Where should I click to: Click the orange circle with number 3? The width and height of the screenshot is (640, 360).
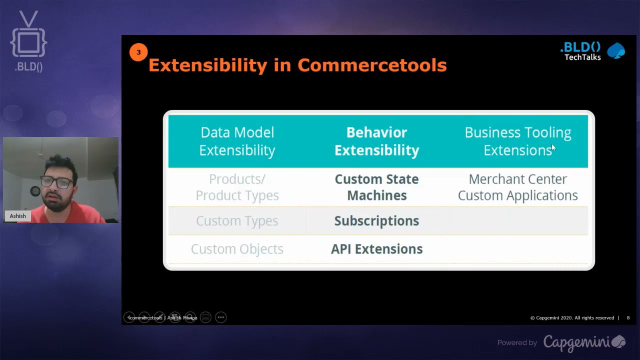click(138, 52)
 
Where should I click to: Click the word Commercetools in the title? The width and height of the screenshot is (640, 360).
click(371, 65)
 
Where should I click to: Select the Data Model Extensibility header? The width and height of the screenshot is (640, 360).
click(237, 141)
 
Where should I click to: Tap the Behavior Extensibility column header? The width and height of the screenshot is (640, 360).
click(376, 141)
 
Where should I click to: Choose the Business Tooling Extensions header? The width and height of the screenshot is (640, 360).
click(517, 141)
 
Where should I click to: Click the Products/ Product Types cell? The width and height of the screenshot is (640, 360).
click(237, 187)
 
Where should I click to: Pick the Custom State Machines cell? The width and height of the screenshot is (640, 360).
click(376, 187)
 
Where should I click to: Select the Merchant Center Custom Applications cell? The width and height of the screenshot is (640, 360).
click(517, 187)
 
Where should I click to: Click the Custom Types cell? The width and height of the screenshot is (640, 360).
click(237, 220)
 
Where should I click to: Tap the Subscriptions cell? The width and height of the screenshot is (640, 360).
click(376, 220)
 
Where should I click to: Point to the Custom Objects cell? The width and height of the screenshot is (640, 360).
click(237, 248)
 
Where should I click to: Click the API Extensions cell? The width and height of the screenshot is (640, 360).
click(376, 248)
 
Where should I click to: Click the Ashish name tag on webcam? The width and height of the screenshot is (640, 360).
click(17, 216)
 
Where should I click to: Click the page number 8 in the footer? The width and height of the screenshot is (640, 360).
click(628, 318)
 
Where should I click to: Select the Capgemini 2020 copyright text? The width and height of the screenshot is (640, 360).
click(572, 318)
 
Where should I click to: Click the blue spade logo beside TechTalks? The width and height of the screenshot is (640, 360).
click(615, 51)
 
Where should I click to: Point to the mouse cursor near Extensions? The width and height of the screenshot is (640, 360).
click(553, 147)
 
